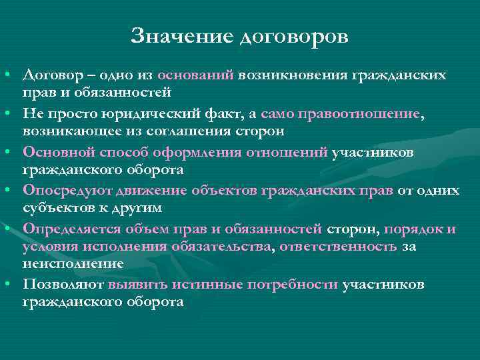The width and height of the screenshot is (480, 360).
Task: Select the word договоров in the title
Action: point(293,37)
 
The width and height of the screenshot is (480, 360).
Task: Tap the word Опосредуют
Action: point(62,191)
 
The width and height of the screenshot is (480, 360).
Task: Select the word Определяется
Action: point(72,229)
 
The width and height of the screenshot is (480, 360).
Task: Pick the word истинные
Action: point(208,285)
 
